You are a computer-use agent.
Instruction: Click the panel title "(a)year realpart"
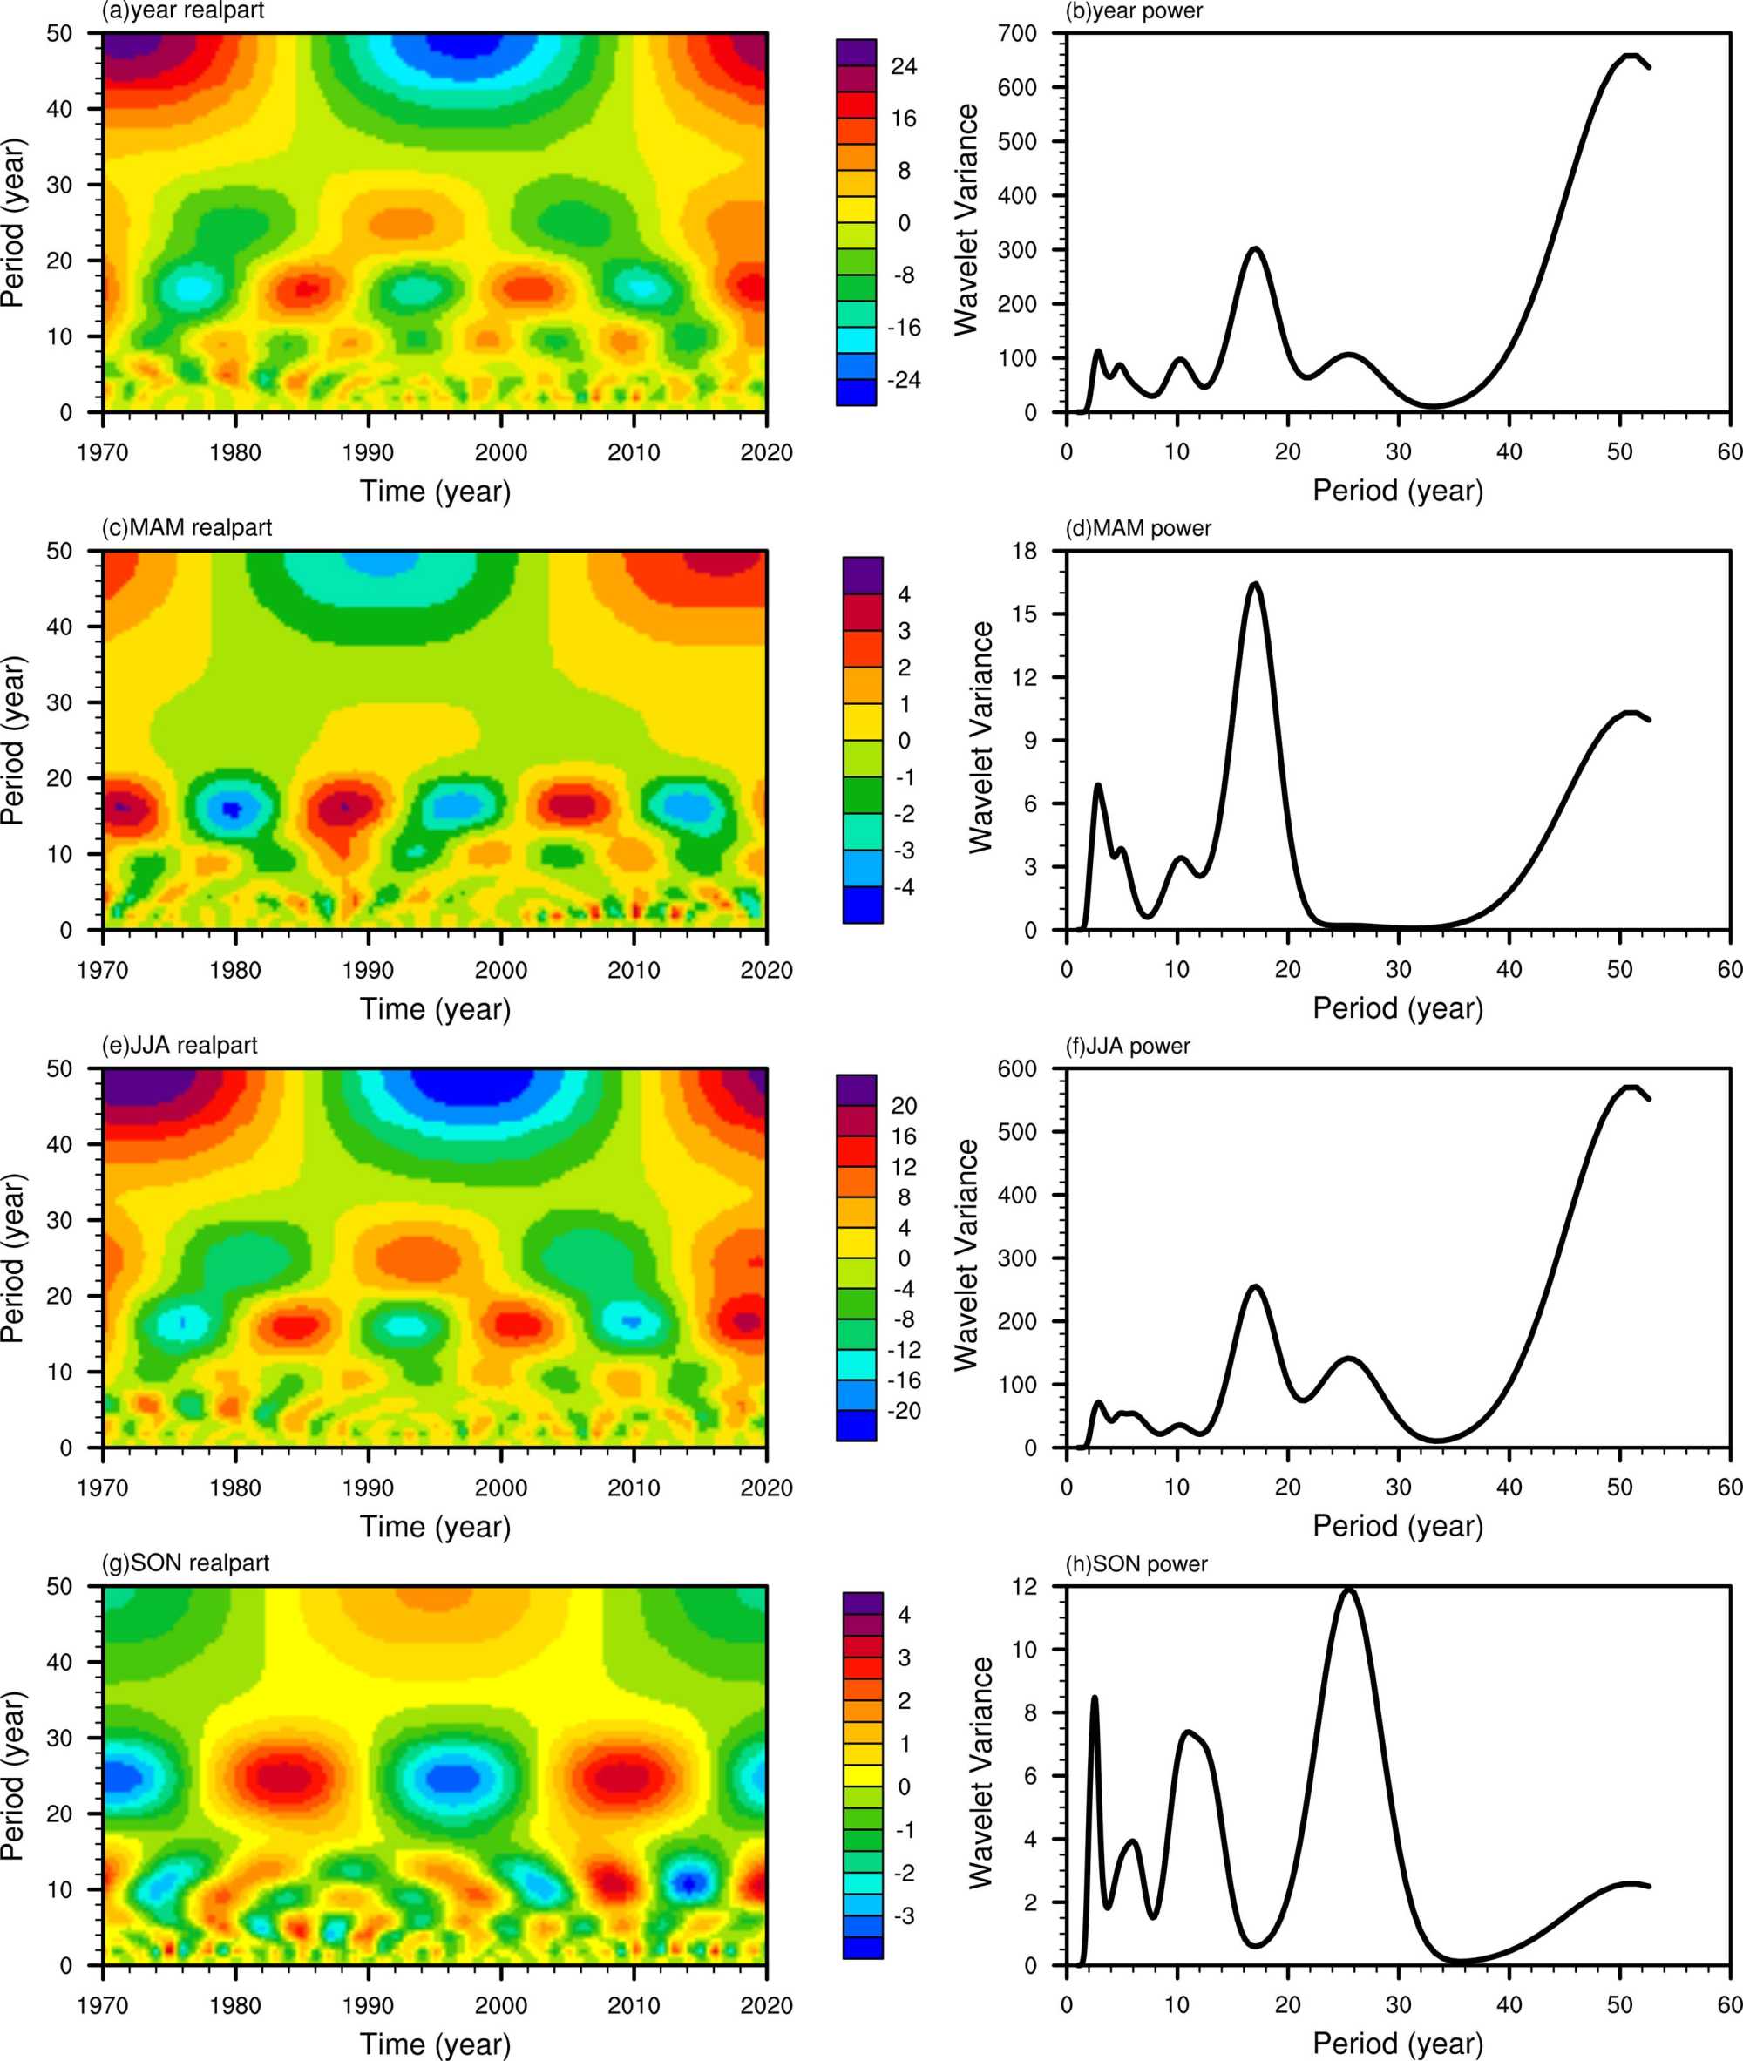(183, 10)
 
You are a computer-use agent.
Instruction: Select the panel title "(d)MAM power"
(1138, 529)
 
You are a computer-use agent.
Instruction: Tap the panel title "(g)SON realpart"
(186, 1563)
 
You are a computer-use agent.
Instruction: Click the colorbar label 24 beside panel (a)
(903, 66)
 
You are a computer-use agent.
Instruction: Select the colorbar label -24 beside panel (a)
(903, 379)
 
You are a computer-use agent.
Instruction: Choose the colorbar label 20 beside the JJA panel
(903, 1106)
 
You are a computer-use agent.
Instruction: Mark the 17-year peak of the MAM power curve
(1255, 585)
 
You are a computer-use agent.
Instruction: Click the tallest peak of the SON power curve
(1349, 1589)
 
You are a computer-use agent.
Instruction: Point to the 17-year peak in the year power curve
(1255, 249)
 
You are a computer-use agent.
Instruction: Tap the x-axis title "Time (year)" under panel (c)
(435, 1009)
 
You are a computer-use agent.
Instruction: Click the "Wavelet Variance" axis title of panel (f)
(966, 1255)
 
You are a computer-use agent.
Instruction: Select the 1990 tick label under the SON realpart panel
(368, 2006)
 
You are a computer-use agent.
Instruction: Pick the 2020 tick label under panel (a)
(766, 452)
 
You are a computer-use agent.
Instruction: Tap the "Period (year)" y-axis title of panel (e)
(13, 1258)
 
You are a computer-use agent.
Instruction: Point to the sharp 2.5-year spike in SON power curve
(1095, 1698)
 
